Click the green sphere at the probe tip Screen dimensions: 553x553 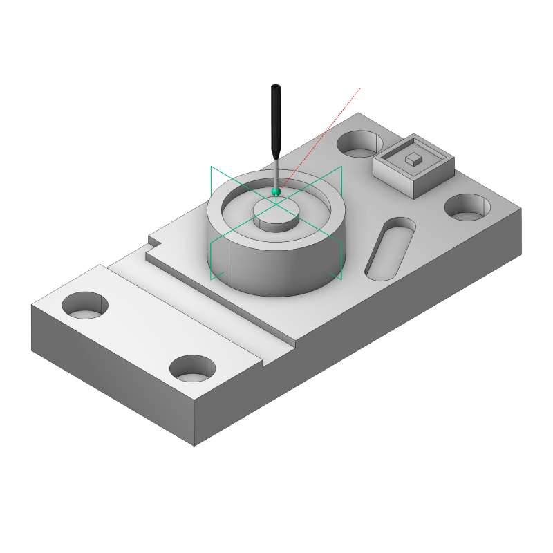click(x=276, y=191)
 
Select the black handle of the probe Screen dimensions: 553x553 click(x=276, y=121)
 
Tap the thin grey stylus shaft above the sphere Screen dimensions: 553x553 click(x=276, y=172)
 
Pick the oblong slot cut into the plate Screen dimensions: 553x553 click(x=391, y=248)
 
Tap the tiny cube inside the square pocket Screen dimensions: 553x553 click(x=413, y=159)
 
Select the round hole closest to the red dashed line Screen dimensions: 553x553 click(x=358, y=144)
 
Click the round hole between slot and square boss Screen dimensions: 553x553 click(x=467, y=207)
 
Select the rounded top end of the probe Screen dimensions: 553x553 click(x=276, y=88)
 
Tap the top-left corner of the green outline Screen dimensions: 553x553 click(x=211, y=167)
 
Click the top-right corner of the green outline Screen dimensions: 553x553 click(x=341, y=167)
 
